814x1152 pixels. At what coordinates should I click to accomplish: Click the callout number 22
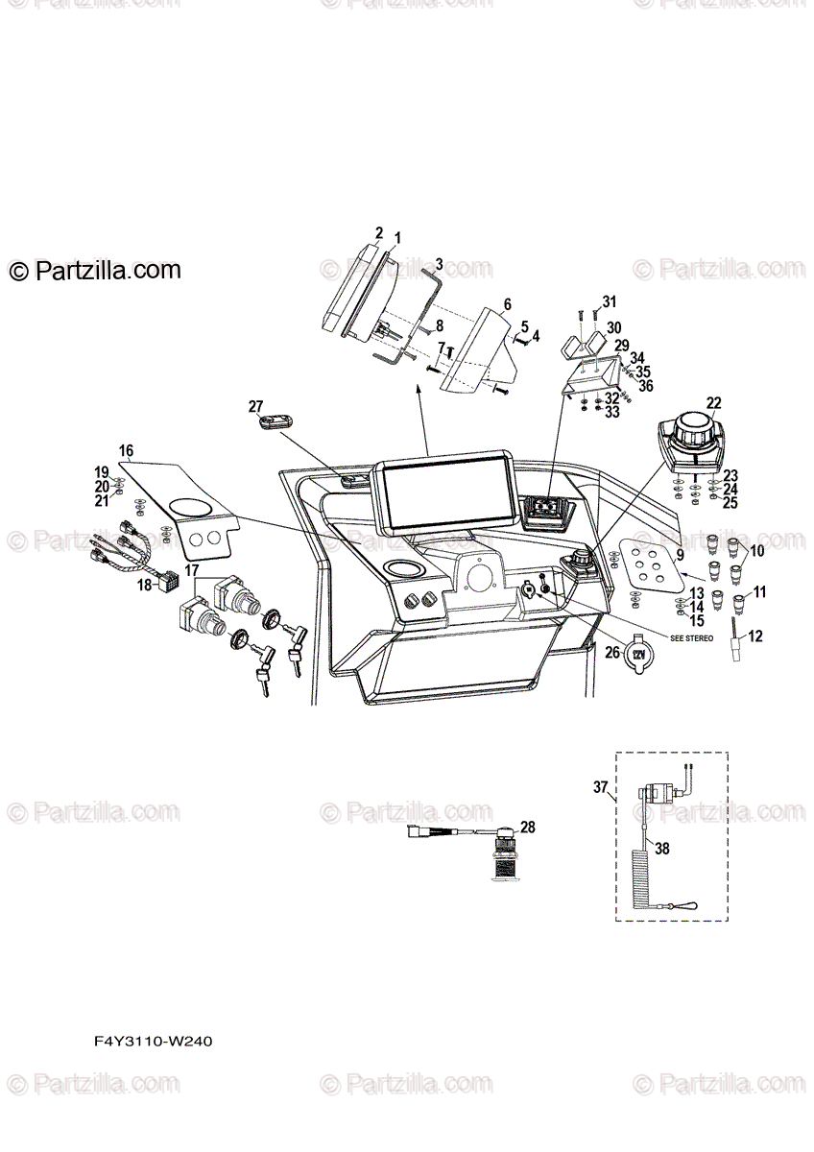pyautogui.click(x=713, y=403)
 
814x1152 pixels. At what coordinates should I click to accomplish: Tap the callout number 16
pyautogui.click(x=126, y=450)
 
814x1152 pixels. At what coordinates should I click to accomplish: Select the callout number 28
pyautogui.click(x=527, y=827)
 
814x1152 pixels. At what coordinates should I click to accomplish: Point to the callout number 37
pyautogui.click(x=601, y=788)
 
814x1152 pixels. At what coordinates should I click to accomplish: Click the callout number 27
pyautogui.click(x=254, y=405)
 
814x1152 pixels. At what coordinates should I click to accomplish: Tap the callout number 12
pyautogui.click(x=755, y=635)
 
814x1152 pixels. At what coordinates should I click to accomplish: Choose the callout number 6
pyautogui.click(x=507, y=303)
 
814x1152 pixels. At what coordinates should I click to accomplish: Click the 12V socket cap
pyautogui.click(x=637, y=655)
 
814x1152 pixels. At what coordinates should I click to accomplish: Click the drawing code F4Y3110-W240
pyautogui.click(x=153, y=1042)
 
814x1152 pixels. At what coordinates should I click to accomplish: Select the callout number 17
pyautogui.click(x=192, y=571)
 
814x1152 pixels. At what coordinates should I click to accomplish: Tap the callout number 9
pyautogui.click(x=680, y=555)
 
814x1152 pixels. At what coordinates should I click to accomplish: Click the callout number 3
pyautogui.click(x=438, y=263)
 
